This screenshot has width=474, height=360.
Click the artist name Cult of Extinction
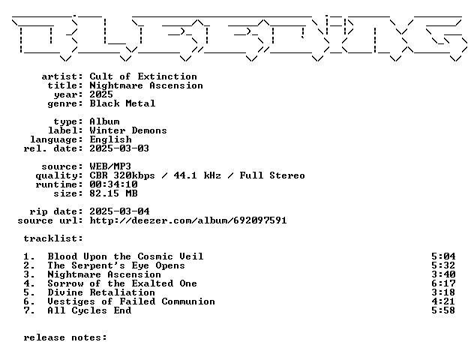(x=143, y=76)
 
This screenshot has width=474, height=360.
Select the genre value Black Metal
(x=122, y=103)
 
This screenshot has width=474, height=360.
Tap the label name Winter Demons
(x=128, y=130)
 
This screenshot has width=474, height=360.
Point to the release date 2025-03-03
(x=119, y=148)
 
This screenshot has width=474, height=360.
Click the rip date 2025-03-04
(x=119, y=211)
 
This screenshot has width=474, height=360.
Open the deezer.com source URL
(x=188, y=220)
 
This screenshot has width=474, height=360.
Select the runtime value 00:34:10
(x=113, y=184)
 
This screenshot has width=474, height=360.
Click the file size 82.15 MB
(x=113, y=193)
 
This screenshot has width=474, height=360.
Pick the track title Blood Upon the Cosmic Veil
(x=125, y=256)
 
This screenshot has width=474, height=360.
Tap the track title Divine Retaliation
(x=101, y=292)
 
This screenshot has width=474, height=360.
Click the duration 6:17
(x=443, y=283)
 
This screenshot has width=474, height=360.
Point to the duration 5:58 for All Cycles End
(x=443, y=310)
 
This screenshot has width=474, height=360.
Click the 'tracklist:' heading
(x=53, y=238)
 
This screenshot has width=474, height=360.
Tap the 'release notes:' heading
(x=65, y=337)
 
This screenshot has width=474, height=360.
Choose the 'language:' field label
(x=56, y=139)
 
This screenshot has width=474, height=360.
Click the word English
(x=111, y=139)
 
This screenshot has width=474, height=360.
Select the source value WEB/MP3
(x=110, y=166)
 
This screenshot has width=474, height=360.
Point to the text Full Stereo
(x=272, y=175)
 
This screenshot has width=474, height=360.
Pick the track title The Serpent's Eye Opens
(x=116, y=265)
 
